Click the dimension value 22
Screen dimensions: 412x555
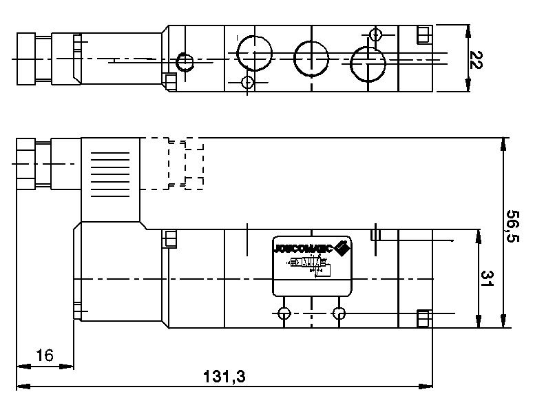[x=475, y=60]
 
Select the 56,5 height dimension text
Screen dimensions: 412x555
[x=513, y=227]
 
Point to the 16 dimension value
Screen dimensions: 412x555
[x=44, y=356]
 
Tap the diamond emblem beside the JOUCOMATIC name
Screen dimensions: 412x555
[x=343, y=247]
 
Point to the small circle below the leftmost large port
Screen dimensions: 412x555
[x=248, y=83]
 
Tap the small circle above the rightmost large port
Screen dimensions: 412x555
[x=375, y=34]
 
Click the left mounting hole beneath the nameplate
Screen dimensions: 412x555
[x=284, y=314]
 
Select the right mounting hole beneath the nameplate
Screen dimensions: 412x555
[x=338, y=314]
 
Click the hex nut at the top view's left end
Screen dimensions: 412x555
[x=34, y=59]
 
